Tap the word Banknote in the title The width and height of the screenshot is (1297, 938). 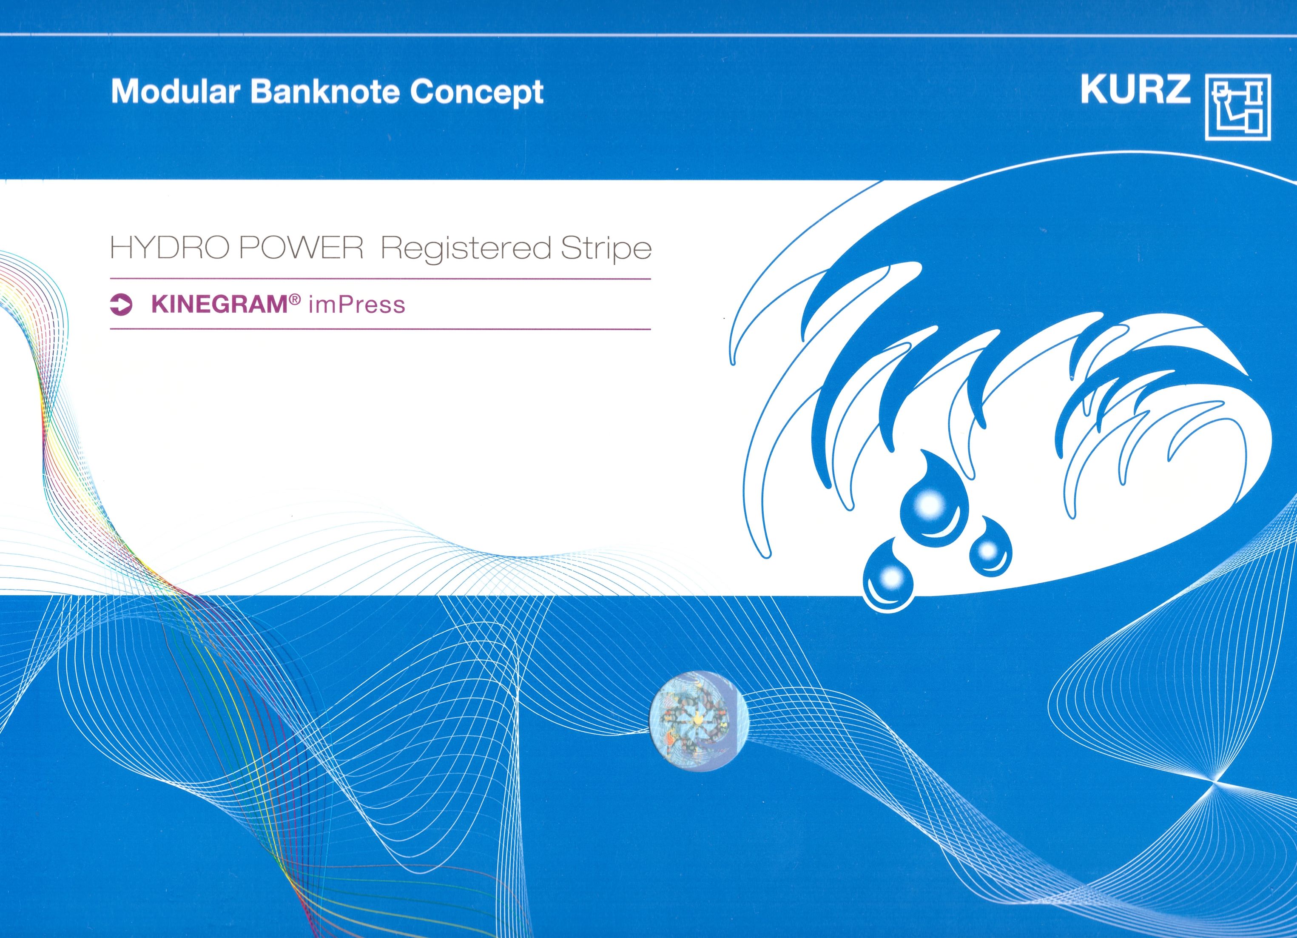pos(324,91)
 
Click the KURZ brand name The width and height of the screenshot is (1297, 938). pos(1135,90)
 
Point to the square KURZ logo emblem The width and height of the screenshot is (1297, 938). pos(1238,114)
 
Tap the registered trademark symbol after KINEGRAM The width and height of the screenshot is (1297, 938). pos(295,299)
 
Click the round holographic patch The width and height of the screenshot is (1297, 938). pos(699,721)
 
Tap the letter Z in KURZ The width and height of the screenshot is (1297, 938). pos(1176,90)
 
